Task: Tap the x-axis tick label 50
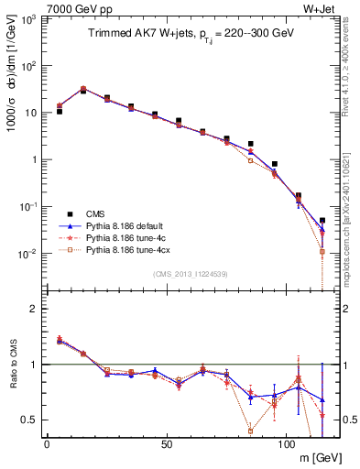point(166,443)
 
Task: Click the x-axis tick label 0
point(47,443)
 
